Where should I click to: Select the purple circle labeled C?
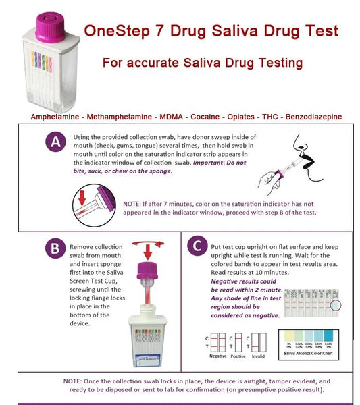pos(197,247)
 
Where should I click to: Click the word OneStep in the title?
pos(113,31)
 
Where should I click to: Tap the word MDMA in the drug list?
pos(174,117)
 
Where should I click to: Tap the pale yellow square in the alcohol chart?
pos(286,335)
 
